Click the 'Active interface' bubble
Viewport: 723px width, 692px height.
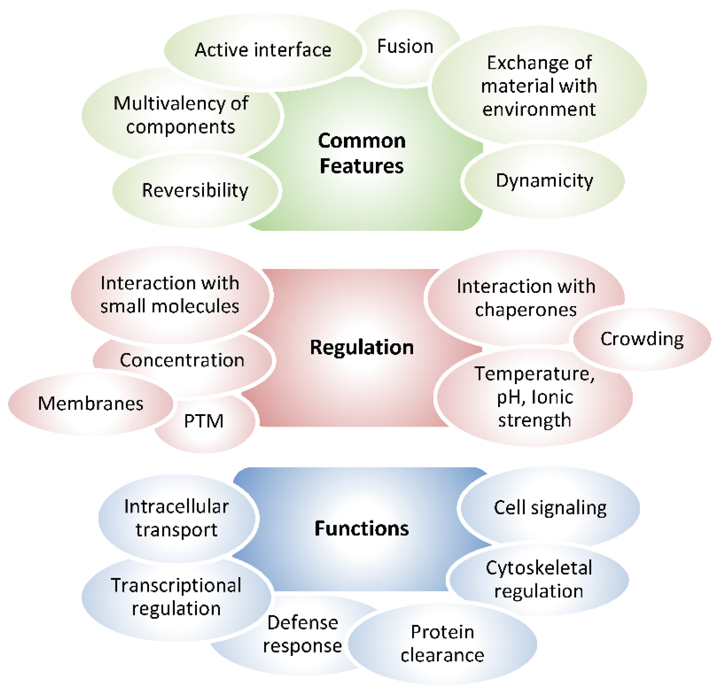click(x=263, y=50)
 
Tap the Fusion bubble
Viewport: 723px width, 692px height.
click(x=405, y=46)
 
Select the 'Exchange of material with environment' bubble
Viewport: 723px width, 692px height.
click(x=539, y=86)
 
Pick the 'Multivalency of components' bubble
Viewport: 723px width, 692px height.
click(x=181, y=115)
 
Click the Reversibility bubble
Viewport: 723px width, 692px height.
click(x=195, y=190)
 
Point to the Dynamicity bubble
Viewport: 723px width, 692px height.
click(x=544, y=181)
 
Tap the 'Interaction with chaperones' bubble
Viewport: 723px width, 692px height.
click(x=526, y=298)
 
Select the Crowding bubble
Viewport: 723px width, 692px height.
click(x=642, y=339)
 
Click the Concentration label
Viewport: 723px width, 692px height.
click(x=182, y=360)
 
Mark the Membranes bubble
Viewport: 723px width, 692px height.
click(x=91, y=404)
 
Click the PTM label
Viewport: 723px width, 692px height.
click(x=204, y=421)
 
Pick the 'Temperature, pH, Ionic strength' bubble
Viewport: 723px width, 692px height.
click(x=535, y=397)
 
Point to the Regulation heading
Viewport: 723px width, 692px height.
click(x=361, y=347)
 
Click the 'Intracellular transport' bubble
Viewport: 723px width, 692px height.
click(x=176, y=518)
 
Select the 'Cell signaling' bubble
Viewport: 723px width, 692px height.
click(x=550, y=508)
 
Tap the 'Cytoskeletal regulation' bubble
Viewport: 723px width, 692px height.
click(x=539, y=580)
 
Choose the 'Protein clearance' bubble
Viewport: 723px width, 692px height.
click(x=442, y=644)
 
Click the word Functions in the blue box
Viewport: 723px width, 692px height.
click(x=361, y=528)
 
